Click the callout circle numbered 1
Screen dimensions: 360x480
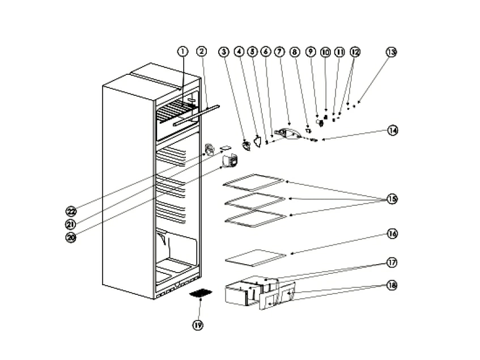tap(182, 51)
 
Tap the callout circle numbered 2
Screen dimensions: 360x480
tap(201, 51)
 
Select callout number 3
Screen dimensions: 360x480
tap(224, 52)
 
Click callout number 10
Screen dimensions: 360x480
tap(325, 52)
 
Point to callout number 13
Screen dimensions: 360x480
tap(391, 52)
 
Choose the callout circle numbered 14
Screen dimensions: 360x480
tap(392, 130)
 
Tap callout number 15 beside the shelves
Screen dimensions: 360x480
tap(392, 198)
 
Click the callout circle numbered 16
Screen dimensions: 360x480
tap(392, 234)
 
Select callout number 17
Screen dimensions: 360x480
tap(392, 262)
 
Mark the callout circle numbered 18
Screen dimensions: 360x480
tap(392, 285)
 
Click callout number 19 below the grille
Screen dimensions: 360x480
tap(198, 325)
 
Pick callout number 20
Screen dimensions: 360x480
tap(71, 238)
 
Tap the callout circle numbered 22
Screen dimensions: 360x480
tap(71, 211)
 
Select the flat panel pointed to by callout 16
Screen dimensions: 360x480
tap(255, 257)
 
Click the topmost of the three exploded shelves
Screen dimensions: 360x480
tap(253, 181)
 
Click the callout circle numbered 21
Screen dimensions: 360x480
tap(71, 224)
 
